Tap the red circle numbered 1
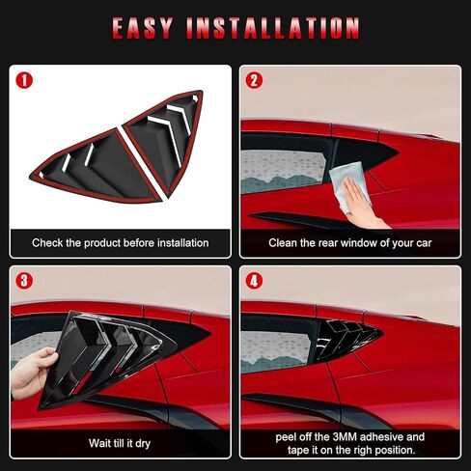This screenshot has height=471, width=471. click(x=24, y=81)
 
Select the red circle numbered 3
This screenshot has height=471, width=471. click(x=24, y=282)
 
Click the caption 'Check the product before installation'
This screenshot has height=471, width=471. click(x=120, y=243)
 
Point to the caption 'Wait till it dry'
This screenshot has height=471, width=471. click(x=120, y=443)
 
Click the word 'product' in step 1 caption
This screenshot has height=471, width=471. click(x=112, y=243)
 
